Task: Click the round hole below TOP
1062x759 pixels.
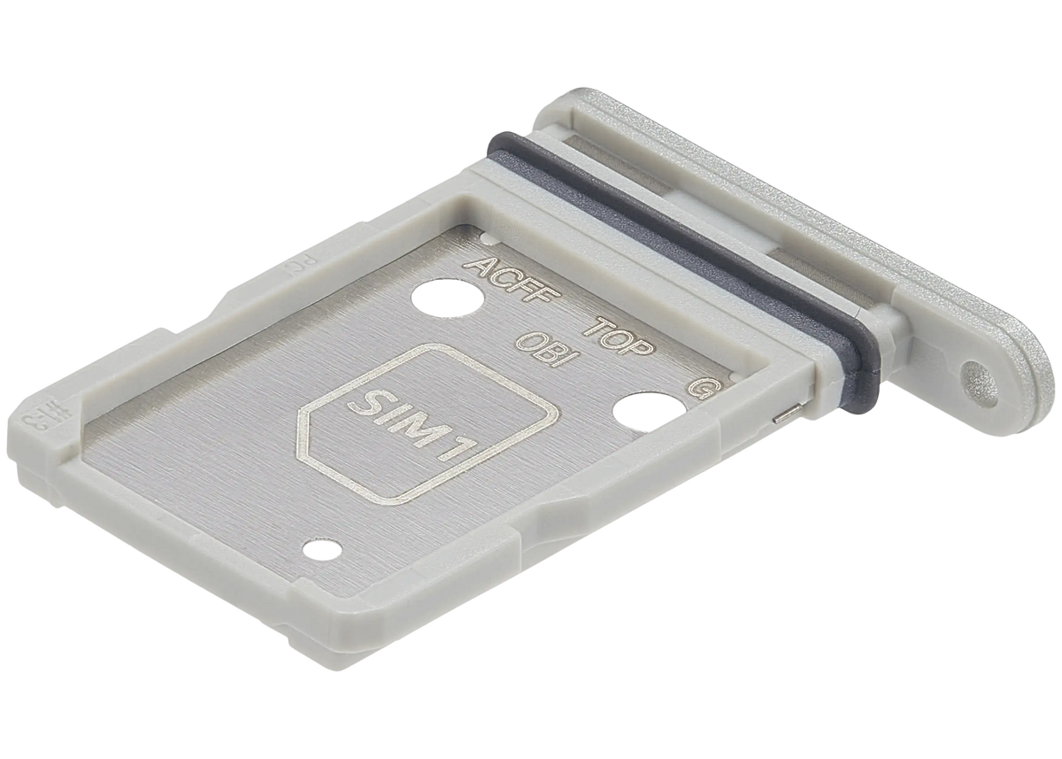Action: point(643,414)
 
